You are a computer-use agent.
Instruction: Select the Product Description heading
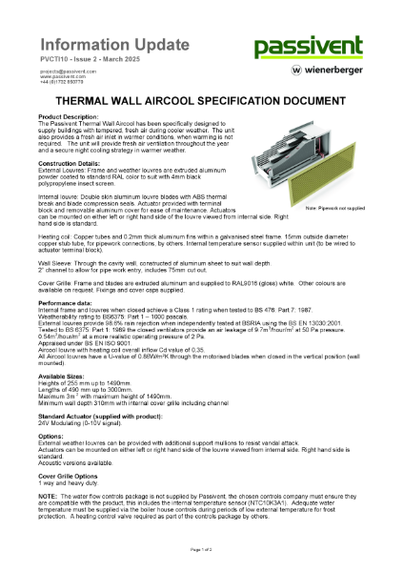(x=68, y=118)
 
